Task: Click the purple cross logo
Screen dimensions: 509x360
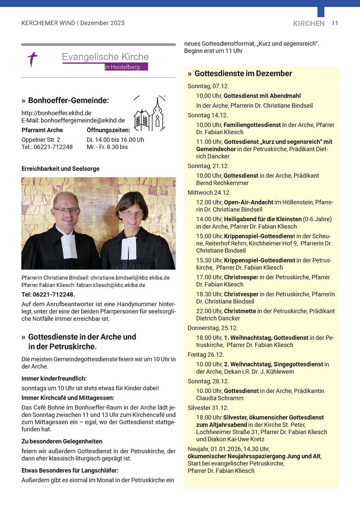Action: (x=32, y=59)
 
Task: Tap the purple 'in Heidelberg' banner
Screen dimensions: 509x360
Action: (x=126, y=67)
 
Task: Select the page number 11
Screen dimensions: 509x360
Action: (x=335, y=23)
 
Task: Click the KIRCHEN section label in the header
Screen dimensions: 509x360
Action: (x=309, y=23)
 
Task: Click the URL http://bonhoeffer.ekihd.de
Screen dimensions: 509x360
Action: (x=56, y=113)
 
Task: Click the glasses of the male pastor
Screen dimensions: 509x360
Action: (x=66, y=210)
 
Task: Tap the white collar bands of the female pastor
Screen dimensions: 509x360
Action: (x=129, y=248)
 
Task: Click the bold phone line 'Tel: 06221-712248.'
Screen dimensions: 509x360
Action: (x=48, y=294)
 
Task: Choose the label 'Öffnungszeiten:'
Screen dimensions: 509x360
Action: (x=108, y=130)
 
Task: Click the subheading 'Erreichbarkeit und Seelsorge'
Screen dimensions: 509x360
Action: (x=60, y=169)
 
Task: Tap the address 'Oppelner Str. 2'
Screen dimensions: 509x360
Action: (x=41, y=140)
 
